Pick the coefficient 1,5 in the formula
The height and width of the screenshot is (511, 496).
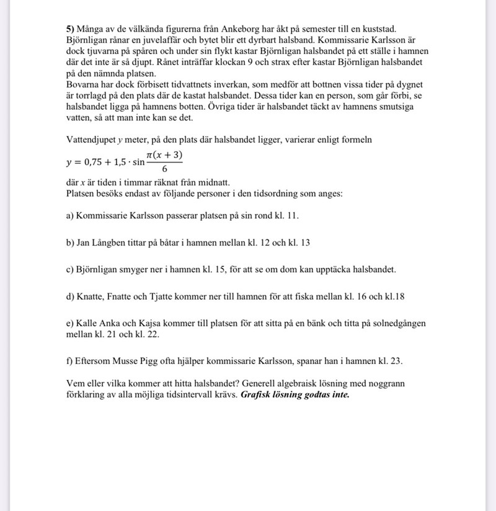121,162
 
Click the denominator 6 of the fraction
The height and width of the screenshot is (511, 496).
164,169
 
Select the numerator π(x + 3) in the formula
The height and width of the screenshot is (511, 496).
164,154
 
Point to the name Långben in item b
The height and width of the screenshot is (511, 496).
112,243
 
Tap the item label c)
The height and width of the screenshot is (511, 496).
70,270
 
